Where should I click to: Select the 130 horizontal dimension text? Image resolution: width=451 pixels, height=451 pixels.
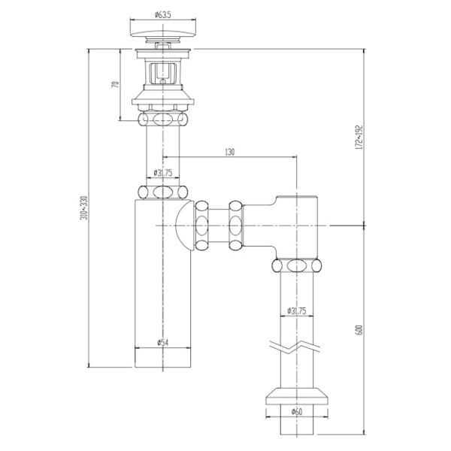click(x=230, y=152)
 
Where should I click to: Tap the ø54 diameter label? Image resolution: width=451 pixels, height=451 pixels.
click(x=161, y=343)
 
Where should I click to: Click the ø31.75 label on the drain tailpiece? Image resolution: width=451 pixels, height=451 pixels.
click(x=163, y=173)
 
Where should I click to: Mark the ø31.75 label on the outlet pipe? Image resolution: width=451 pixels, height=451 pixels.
click(x=296, y=311)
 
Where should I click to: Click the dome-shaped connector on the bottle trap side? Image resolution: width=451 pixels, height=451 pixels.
click(x=182, y=225)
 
